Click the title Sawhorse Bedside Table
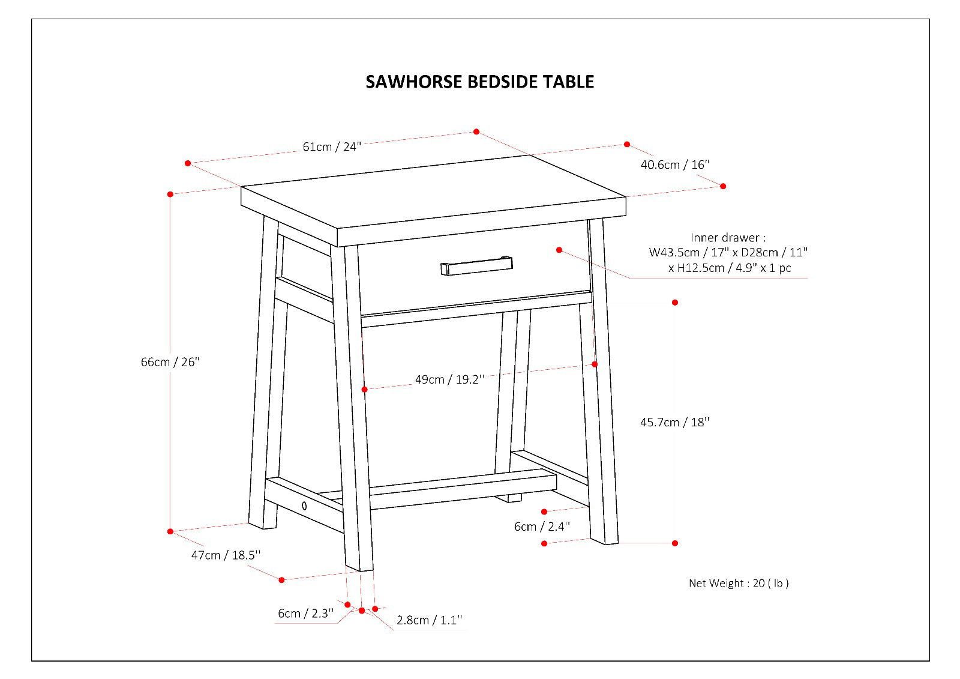(x=479, y=82)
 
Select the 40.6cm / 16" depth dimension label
(x=674, y=164)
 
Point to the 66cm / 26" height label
(x=170, y=362)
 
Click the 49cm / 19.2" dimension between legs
(x=449, y=379)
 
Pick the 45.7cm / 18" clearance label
(x=674, y=422)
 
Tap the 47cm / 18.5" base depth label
(x=226, y=555)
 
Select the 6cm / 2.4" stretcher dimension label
(x=542, y=527)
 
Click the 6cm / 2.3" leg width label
(x=305, y=614)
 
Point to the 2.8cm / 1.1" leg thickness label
(x=430, y=620)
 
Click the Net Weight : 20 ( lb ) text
(x=738, y=583)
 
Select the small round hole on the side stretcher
(x=304, y=505)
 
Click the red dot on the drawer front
(x=559, y=250)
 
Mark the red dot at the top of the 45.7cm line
(x=675, y=303)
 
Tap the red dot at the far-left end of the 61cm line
(x=188, y=163)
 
